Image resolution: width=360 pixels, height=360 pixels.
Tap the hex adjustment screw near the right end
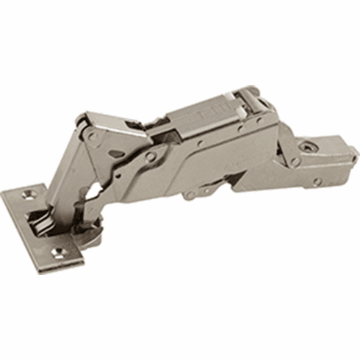coord(305,146)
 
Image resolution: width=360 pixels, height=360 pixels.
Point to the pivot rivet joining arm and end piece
coord(294,161)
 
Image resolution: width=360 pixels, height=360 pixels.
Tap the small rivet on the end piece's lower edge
coord(317,181)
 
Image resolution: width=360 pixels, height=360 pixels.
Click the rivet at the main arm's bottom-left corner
coord(190,195)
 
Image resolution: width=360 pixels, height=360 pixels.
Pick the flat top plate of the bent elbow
coord(110,121)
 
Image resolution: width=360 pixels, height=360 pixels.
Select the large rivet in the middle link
coord(151,156)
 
